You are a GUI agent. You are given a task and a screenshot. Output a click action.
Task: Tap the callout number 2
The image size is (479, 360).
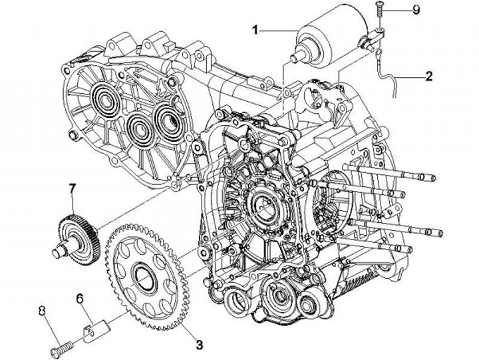coord(429,77)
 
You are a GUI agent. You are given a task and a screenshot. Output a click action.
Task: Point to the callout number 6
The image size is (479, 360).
coord(80,299)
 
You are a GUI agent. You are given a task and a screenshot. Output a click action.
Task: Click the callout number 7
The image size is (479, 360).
coord(72,190)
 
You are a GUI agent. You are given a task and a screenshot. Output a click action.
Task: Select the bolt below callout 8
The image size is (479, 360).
coord(61,346)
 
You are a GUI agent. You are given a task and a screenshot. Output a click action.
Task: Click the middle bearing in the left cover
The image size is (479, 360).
coord(138,125)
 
